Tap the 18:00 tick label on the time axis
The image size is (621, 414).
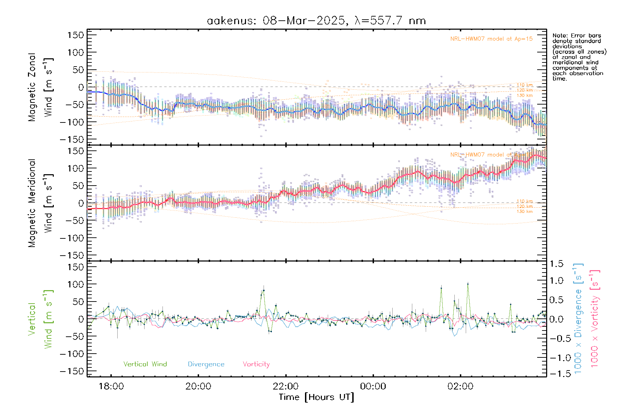point(111,386)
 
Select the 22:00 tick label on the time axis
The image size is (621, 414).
point(286,386)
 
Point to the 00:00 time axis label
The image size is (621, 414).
point(373,386)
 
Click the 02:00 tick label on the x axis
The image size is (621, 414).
point(460,386)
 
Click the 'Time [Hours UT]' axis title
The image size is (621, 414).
point(316,397)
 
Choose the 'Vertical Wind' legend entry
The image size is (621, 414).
point(145,364)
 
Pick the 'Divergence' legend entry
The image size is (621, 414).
point(206,364)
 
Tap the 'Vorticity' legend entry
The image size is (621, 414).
point(256,364)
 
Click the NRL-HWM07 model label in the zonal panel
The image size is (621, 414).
point(491,39)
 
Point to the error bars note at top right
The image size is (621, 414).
point(579,57)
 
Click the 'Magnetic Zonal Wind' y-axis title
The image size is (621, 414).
point(41,87)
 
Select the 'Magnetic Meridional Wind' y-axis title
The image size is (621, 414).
point(41,203)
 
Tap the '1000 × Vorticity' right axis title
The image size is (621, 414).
point(594,318)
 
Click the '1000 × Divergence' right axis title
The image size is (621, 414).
point(578,318)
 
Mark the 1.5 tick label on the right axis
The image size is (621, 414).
point(556,264)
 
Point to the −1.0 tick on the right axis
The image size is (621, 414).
point(556,358)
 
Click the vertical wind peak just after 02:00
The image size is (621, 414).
point(468,284)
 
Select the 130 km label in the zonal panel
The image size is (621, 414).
point(524,96)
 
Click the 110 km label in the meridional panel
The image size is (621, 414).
point(524,201)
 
